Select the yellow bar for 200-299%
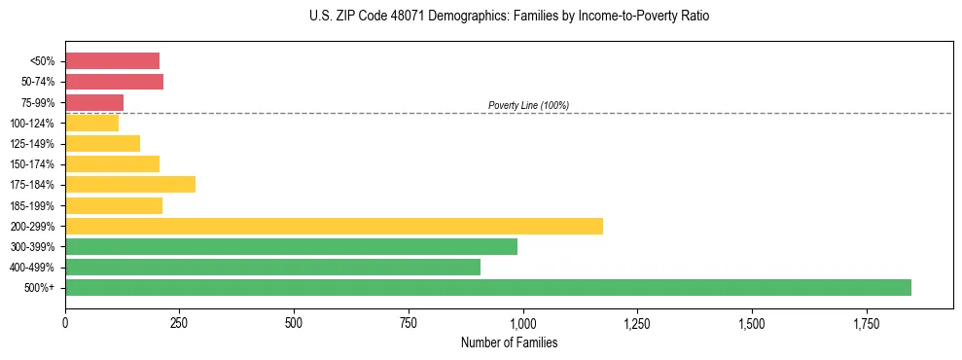tap(334, 226)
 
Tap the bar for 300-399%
tap(291, 246)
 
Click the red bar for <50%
tap(112, 61)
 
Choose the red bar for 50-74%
tap(114, 82)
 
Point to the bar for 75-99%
tap(94, 102)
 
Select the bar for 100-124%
tap(91, 123)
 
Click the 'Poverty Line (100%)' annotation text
tap(528, 105)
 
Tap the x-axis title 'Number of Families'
tap(509, 342)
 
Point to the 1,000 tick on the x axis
tap(523, 322)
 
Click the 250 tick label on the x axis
tap(180, 322)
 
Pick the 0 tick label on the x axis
tap(65, 322)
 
